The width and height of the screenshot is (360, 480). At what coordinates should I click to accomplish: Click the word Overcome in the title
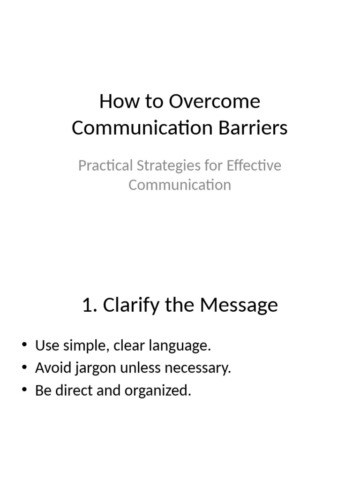[215, 102]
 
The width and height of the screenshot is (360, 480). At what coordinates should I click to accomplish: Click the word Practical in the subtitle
[105, 166]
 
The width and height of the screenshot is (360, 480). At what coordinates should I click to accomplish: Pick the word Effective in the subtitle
[254, 166]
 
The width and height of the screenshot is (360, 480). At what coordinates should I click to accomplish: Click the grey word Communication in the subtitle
[180, 185]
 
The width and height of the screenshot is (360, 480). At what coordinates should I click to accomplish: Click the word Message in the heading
[239, 305]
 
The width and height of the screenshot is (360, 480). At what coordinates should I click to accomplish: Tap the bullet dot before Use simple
[25, 346]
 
